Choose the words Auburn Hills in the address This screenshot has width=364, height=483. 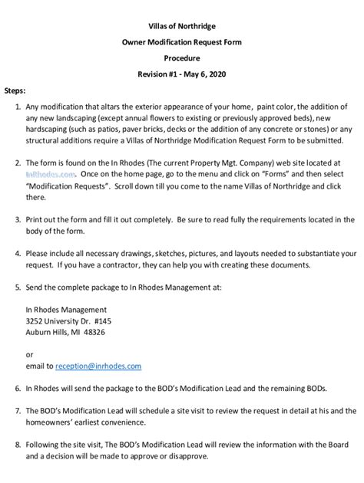(x=48, y=333)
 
